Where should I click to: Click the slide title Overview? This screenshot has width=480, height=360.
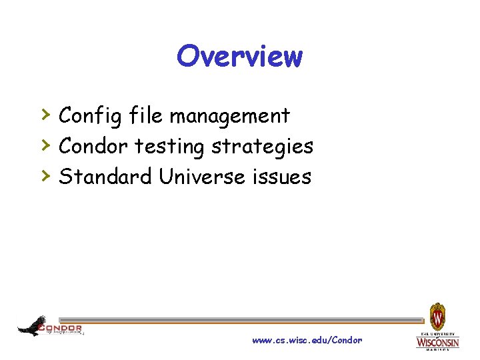[239, 57]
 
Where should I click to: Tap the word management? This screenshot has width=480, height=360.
[229, 116]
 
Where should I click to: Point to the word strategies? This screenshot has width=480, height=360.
[262, 147]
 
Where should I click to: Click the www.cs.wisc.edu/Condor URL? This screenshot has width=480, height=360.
[307, 341]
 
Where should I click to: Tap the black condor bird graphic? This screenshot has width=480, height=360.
[31, 326]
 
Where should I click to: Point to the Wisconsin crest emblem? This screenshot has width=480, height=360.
[437, 315]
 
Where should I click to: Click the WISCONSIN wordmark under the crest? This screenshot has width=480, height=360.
[437, 343]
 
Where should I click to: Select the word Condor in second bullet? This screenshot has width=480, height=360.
[94, 147]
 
